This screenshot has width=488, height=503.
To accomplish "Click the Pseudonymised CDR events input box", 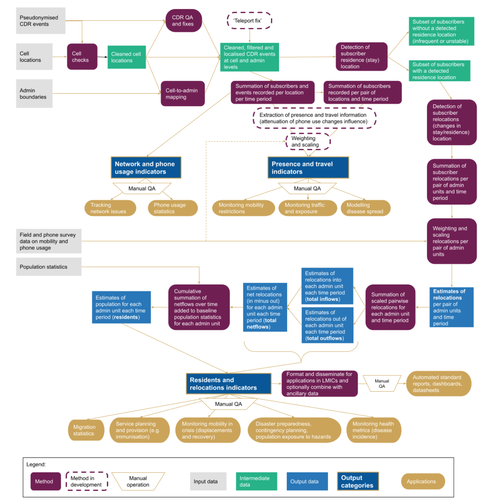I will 41,21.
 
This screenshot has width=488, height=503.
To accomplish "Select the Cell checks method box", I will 82,57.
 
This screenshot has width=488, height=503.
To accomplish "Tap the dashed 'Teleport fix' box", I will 249,21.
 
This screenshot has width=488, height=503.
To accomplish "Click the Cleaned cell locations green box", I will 127,57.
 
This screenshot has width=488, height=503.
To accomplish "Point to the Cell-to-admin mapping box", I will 183,94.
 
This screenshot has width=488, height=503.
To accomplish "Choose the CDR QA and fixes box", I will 183,21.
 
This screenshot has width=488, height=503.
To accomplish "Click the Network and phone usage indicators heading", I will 146,167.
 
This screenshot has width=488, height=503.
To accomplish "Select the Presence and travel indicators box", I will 308,167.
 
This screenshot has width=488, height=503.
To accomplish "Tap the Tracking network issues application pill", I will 110,208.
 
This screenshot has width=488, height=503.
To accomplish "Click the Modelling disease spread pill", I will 365,208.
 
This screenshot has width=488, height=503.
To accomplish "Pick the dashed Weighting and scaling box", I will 308,142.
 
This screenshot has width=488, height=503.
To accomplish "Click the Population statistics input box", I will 49,267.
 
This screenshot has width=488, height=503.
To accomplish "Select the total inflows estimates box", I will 327,286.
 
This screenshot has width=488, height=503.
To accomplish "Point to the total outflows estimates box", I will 327,325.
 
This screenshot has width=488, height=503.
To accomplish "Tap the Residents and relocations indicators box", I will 228,383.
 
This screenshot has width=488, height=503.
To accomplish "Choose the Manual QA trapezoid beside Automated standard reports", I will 382,383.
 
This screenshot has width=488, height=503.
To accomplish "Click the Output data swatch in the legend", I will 307,481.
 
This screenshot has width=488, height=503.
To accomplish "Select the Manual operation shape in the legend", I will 138,481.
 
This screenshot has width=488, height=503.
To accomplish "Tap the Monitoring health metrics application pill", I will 374,430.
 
